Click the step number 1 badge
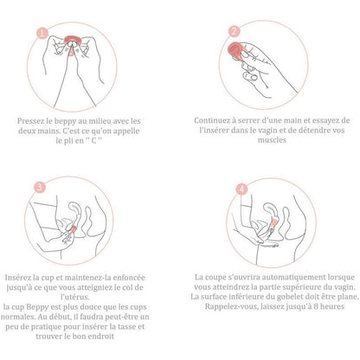pos(39,35)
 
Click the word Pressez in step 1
pos(35,120)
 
